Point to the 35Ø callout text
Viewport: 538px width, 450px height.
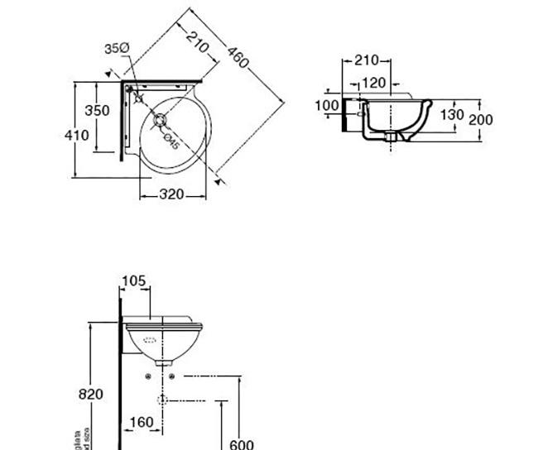[x=117, y=50]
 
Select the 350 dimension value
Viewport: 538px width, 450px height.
[x=97, y=111]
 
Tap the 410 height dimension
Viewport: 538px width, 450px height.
[x=76, y=136]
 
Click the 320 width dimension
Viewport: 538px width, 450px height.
[x=171, y=195]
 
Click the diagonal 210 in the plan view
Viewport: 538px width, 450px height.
[x=196, y=41]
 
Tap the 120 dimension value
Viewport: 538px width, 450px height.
[x=373, y=83]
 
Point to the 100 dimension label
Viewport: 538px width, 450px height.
[x=327, y=105]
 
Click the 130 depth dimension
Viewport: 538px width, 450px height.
[x=451, y=114]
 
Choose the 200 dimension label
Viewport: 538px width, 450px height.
[x=480, y=120]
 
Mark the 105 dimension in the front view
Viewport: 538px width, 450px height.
[x=134, y=281]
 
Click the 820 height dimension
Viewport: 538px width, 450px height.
[x=91, y=394]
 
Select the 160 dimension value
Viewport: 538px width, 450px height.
[x=142, y=423]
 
